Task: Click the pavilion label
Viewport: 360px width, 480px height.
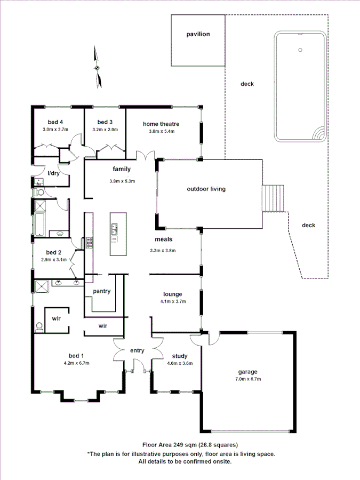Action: pos(198,34)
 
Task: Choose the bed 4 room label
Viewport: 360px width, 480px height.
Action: pos(55,122)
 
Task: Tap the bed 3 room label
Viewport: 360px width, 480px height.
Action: pos(105,122)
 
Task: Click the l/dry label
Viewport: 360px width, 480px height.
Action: pos(53,173)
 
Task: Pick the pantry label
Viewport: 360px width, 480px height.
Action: pos(101,291)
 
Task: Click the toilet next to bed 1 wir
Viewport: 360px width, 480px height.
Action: pos(38,326)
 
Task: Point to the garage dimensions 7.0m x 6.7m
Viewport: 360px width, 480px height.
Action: pos(247,379)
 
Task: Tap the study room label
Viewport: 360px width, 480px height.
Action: pos(179,356)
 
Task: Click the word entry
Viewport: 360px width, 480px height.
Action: pos(137,350)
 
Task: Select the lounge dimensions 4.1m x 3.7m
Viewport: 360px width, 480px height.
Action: pos(173,301)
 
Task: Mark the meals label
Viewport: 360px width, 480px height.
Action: pos(163,239)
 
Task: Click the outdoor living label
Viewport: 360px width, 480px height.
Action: pos(206,189)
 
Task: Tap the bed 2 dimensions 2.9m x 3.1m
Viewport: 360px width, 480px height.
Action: pos(54,260)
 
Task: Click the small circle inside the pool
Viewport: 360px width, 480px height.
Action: pos(300,51)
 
